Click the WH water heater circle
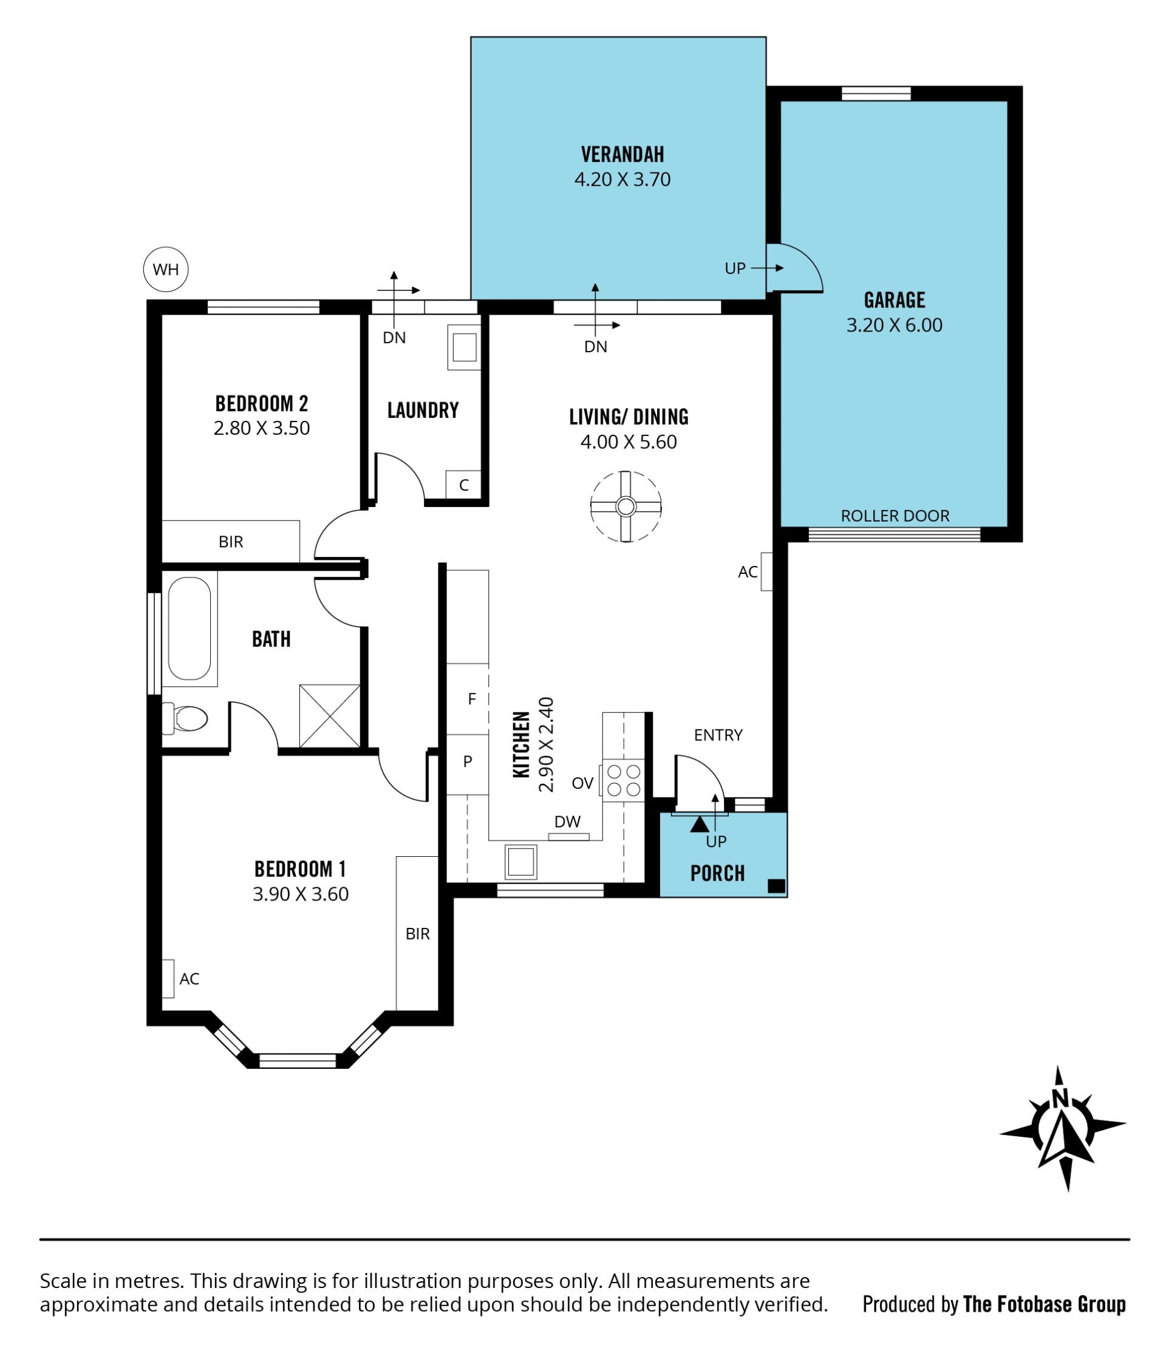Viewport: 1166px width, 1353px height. tap(166, 269)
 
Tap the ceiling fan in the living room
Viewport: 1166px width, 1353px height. tap(626, 506)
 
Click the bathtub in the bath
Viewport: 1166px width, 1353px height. tap(189, 628)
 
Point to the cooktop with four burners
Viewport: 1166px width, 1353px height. tap(623, 780)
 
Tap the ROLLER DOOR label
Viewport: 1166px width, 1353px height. tap(895, 516)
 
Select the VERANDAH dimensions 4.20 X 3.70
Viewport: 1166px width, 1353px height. tap(622, 179)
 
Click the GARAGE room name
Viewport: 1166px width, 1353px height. tap(895, 300)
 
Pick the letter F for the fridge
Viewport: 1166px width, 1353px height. tap(472, 699)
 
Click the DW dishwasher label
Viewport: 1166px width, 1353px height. tap(567, 822)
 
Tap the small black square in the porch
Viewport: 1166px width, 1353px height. tap(776, 886)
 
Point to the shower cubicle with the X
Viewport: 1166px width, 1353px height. tap(330, 716)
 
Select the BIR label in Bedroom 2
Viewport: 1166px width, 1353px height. tap(230, 541)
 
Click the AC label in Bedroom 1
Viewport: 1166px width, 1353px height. tap(189, 978)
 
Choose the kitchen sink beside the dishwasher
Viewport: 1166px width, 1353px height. tap(520, 862)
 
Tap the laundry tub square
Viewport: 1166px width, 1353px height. tap(464, 347)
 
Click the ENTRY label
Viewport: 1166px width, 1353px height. tap(718, 735)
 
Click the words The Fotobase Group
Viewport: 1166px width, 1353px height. tap(1044, 1304)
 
